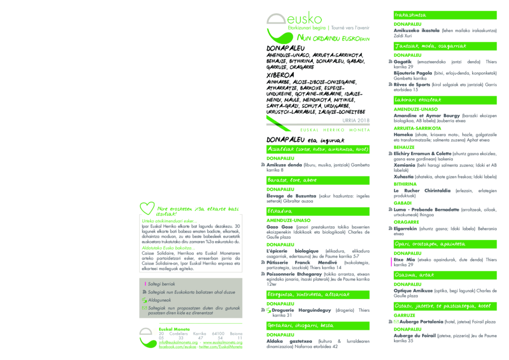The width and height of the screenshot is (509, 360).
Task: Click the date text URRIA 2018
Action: click(x=356, y=120)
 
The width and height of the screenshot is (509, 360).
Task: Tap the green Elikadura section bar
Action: click(x=318, y=211)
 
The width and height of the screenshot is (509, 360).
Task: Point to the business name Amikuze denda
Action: click(x=284, y=165)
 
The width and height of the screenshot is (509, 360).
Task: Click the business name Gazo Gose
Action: click(x=280, y=227)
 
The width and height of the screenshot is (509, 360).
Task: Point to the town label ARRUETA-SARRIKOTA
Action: click(x=417, y=128)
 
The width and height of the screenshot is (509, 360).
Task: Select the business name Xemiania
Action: click(x=406, y=165)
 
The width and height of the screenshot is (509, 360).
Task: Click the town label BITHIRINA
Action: click(x=405, y=184)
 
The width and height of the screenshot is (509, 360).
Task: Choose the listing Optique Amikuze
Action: click(x=413, y=290)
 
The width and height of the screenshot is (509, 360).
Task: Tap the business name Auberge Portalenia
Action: click(x=418, y=322)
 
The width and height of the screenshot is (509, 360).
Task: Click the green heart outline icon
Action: click(x=148, y=208)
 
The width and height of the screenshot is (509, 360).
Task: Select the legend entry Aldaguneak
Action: click(x=160, y=300)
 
